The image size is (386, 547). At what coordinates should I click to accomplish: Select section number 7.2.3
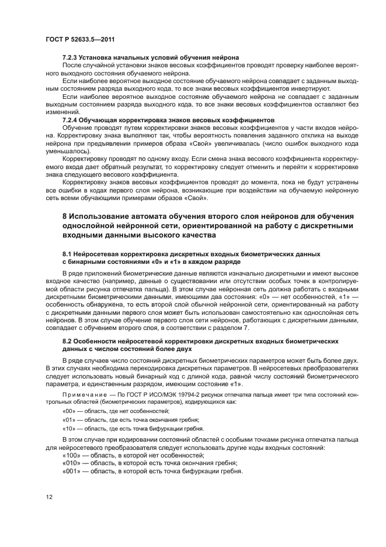click(71, 57)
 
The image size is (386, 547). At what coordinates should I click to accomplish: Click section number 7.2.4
click(71, 119)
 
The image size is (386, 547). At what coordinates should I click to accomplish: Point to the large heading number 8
click(65, 217)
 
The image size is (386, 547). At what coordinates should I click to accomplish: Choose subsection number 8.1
click(68, 256)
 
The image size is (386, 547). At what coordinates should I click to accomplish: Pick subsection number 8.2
click(68, 340)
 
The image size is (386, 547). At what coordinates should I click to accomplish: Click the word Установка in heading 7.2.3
click(101, 57)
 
